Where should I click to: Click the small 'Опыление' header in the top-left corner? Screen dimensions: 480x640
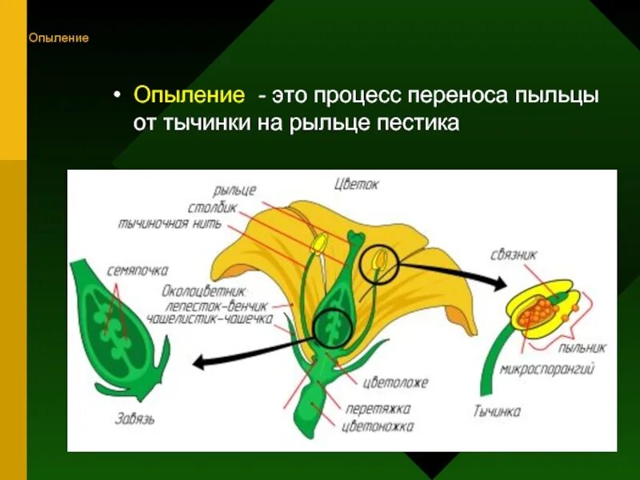pyautogui.click(x=58, y=38)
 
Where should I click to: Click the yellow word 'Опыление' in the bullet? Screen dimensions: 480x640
pyautogui.click(x=189, y=96)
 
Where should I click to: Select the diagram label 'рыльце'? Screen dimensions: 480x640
pyautogui.click(x=234, y=190)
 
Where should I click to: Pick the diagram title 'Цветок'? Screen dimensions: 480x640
pyautogui.click(x=356, y=184)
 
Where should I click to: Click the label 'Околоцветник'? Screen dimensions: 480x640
pyautogui.click(x=203, y=290)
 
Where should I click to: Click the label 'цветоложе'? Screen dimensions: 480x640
pyautogui.click(x=395, y=382)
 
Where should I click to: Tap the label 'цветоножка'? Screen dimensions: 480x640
pyautogui.click(x=378, y=426)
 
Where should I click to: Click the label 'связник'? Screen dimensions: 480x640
pyautogui.click(x=514, y=255)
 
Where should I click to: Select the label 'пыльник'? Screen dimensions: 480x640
pyautogui.click(x=582, y=348)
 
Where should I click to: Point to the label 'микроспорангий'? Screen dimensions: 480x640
pyautogui.click(x=547, y=370)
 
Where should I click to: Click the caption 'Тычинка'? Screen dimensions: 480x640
pyautogui.click(x=496, y=412)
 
